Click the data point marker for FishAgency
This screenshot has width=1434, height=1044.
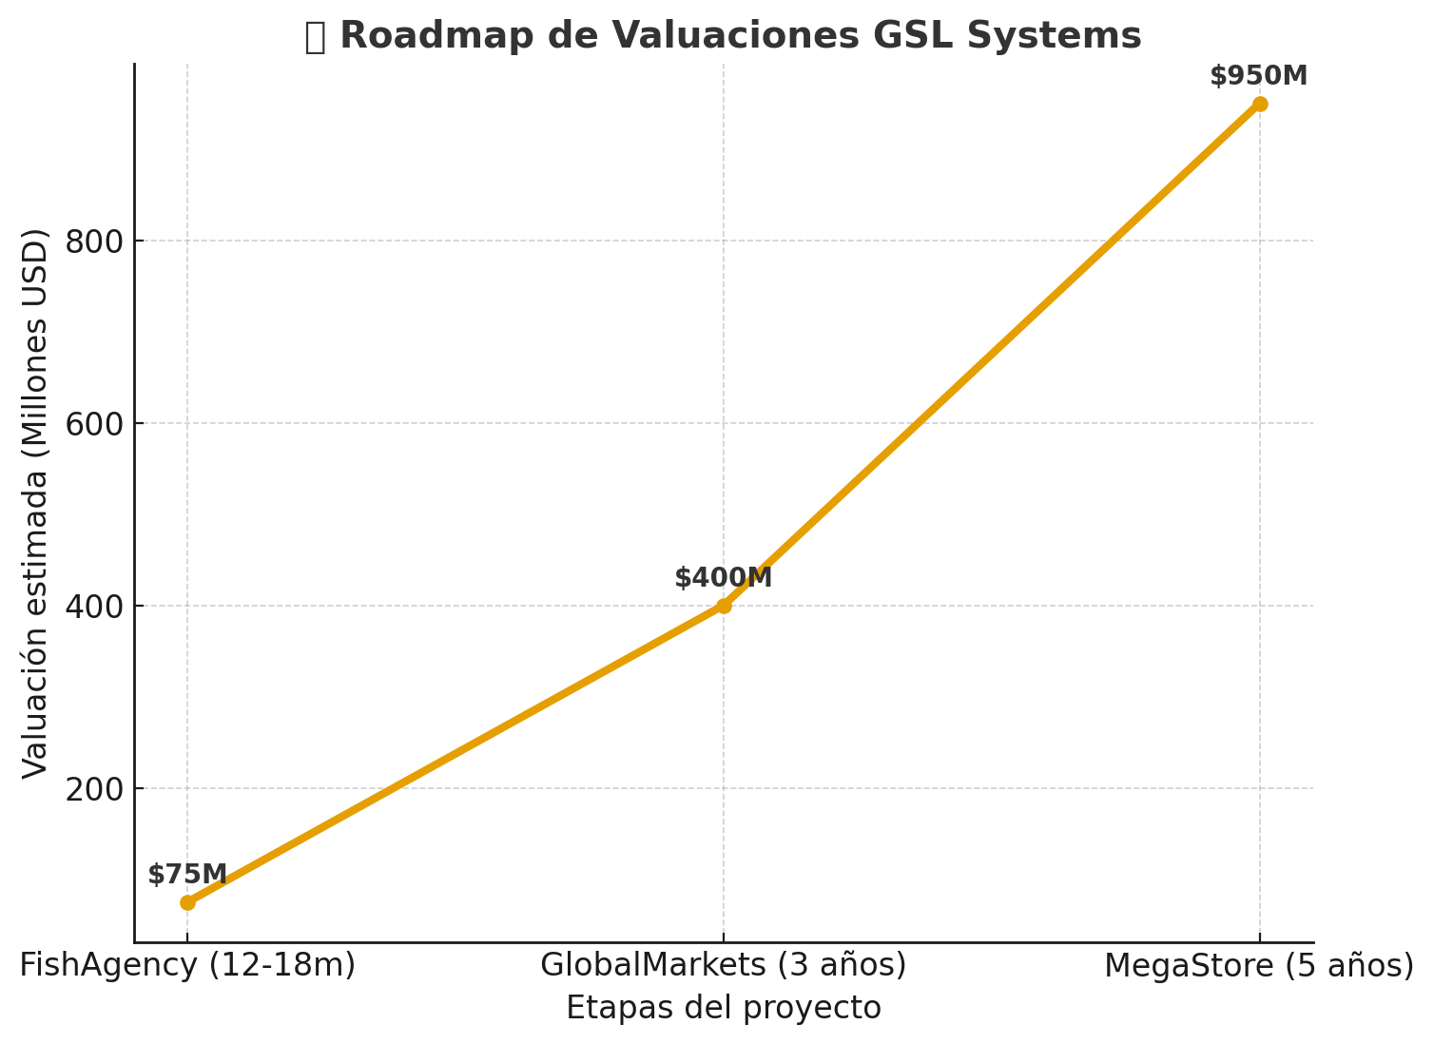[x=187, y=902]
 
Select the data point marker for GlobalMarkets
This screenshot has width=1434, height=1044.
[x=724, y=606]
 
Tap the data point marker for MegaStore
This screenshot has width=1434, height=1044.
[x=1260, y=104]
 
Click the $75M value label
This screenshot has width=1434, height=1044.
[x=187, y=875]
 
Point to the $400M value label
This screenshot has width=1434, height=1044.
[x=724, y=578]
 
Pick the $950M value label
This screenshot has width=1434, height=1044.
[x=1259, y=76]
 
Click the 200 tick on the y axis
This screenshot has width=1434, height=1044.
[x=95, y=789]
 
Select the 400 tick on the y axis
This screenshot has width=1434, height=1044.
[x=95, y=607]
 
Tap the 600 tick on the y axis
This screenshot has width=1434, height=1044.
[x=95, y=424]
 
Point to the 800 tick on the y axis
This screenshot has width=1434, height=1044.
[x=95, y=242]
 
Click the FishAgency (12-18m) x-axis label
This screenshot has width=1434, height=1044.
[x=187, y=966]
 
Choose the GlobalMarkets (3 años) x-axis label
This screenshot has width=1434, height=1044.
[x=724, y=966]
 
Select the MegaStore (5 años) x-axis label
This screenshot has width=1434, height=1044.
[x=1259, y=966]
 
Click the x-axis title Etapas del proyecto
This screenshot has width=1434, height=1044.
[x=724, y=1008]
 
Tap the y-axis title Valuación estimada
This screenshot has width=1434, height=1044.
[x=36, y=503]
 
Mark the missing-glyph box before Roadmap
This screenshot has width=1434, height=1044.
[x=315, y=37]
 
